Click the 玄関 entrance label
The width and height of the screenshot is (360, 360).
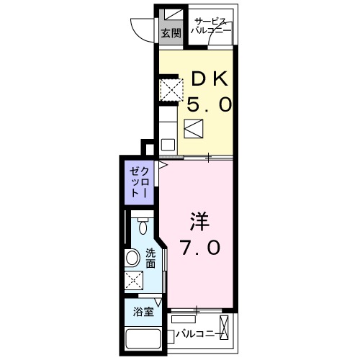[169, 32]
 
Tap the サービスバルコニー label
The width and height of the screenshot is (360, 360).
[211, 27]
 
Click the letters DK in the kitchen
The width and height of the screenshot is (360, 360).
[210, 78]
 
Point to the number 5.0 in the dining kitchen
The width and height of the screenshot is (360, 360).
[210, 105]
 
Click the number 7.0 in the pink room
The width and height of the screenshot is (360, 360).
[199, 247]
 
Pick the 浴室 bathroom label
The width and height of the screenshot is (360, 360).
[143, 312]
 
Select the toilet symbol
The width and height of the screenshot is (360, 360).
[143, 227]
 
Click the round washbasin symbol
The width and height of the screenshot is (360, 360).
[133, 258]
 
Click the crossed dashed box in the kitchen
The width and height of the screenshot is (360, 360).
[169, 89]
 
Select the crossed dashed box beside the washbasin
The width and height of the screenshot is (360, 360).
[134, 281]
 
